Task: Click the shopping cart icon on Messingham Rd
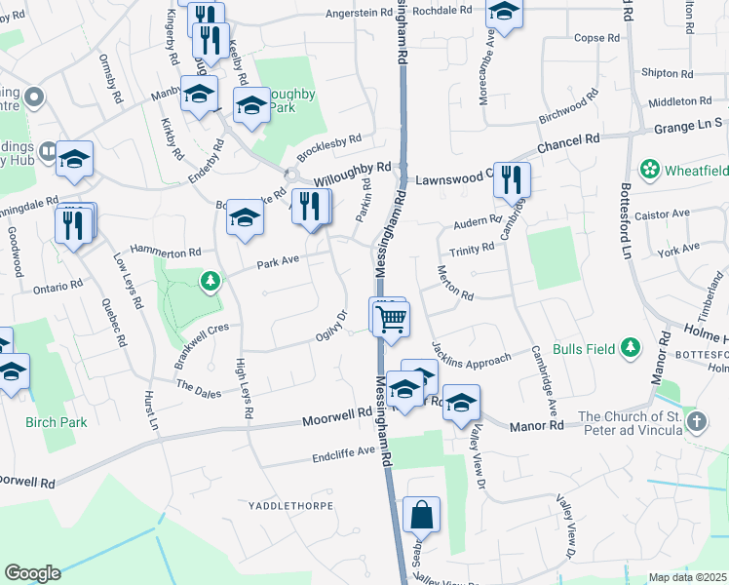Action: (391, 318)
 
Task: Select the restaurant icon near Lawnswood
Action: (512, 179)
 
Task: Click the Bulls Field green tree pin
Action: (632, 347)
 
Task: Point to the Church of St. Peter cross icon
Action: (696, 422)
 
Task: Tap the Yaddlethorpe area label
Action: (290, 506)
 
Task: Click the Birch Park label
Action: (57, 422)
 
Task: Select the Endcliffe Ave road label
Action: (343, 453)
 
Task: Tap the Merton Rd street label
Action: (454, 282)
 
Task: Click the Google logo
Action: (32, 573)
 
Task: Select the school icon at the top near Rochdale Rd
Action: (504, 12)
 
